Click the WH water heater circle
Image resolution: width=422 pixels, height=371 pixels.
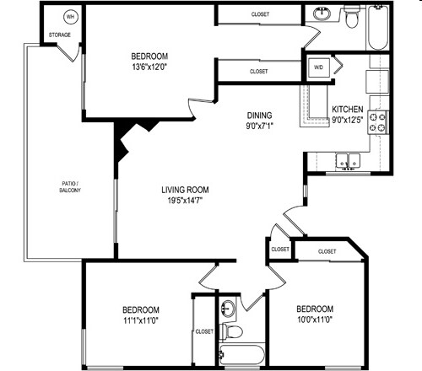71,16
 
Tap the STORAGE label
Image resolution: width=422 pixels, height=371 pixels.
59,35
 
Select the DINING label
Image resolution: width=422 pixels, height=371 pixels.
258,116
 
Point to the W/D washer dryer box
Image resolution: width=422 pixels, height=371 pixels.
318,67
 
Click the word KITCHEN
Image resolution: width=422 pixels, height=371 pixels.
348,110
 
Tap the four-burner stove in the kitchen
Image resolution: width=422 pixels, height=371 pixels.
380,123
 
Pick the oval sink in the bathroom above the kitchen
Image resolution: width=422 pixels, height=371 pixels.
322,14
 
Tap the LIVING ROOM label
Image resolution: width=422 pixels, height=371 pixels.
185,189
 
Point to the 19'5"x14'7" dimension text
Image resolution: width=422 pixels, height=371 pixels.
185,201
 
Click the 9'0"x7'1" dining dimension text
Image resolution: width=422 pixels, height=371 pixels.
258,128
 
